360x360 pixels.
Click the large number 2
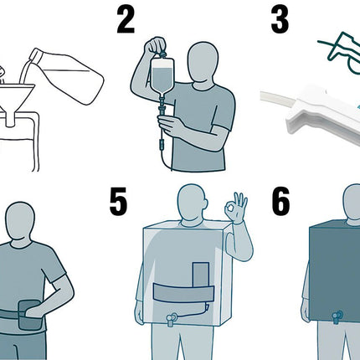click(126, 20)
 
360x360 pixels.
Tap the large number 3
click(280, 20)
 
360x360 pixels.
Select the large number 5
click(118, 202)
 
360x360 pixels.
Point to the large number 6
click(280, 202)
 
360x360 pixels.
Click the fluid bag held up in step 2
click(162, 75)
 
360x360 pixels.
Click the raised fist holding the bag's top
click(156, 46)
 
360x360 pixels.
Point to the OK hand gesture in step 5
click(237, 208)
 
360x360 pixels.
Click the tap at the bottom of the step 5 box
click(171, 319)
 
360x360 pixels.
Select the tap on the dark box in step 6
click(337, 316)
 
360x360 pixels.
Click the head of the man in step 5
click(193, 203)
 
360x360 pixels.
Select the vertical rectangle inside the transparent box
click(201, 274)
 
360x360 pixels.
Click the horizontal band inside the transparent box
click(183, 293)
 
